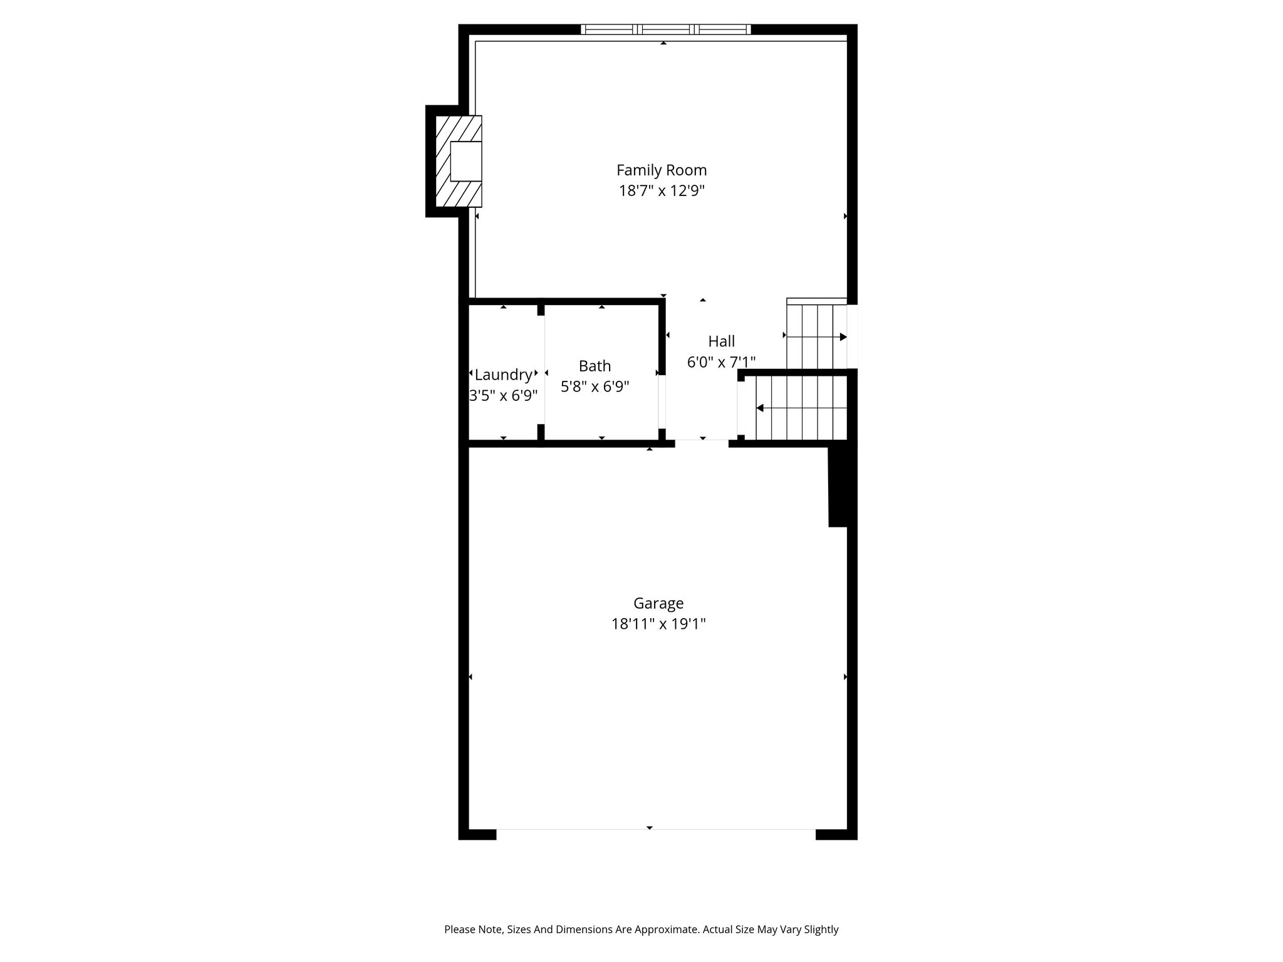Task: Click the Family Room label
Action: point(662,170)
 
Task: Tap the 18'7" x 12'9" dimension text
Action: point(662,191)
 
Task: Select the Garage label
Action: point(658,604)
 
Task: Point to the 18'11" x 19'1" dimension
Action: point(658,624)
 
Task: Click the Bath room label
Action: point(595,366)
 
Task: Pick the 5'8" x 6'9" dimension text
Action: point(595,387)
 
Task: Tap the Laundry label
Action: point(504,375)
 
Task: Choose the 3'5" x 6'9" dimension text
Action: point(504,396)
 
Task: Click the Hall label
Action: point(722,341)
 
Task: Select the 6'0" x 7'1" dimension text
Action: point(722,362)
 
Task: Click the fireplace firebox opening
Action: point(466,161)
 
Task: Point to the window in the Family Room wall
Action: point(665,29)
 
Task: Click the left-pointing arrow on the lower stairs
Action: point(802,408)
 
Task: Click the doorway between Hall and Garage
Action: point(702,443)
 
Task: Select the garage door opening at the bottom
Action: point(656,834)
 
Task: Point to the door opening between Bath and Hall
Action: point(662,402)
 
